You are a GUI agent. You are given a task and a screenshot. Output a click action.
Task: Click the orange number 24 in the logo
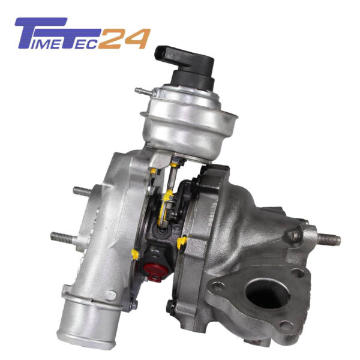(125, 39)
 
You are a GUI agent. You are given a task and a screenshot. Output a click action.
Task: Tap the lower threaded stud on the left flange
(62, 238)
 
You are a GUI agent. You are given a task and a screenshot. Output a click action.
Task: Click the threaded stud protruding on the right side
(329, 239)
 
